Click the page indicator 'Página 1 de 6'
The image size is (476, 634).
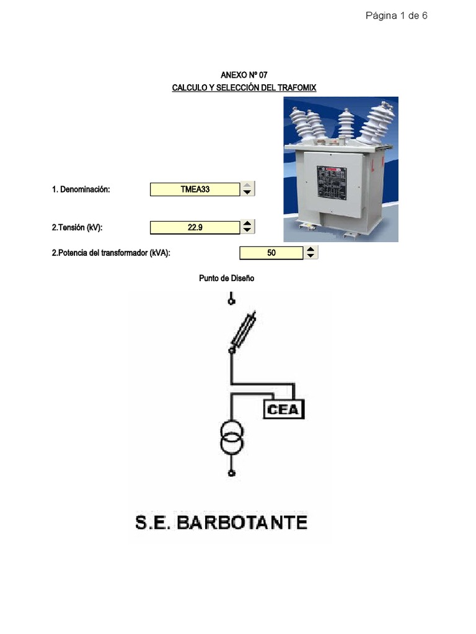pyautogui.click(x=396, y=16)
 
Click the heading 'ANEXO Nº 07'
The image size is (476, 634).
pyautogui.click(x=244, y=75)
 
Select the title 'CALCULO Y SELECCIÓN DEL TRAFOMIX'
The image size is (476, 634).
pyautogui.click(x=244, y=88)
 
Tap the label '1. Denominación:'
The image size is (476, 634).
pyautogui.click(x=81, y=189)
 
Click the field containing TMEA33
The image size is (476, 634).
pyautogui.click(x=195, y=189)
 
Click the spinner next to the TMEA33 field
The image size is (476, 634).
pyautogui.click(x=247, y=189)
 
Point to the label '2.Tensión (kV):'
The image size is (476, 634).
pyautogui.click(x=77, y=228)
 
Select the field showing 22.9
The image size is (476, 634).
pyautogui.click(x=195, y=228)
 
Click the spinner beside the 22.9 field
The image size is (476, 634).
pyautogui.click(x=247, y=227)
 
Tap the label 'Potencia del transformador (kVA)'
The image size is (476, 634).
pyautogui.click(x=111, y=253)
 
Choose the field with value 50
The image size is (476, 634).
pyautogui.click(x=271, y=253)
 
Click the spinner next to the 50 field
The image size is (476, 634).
pyautogui.click(x=311, y=253)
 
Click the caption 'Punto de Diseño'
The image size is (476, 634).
pyautogui.click(x=226, y=279)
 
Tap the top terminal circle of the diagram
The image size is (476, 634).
pyautogui.click(x=232, y=301)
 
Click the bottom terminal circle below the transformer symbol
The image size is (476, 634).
pyautogui.click(x=232, y=474)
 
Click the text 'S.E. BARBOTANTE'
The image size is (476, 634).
pyautogui.click(x=221, y=522)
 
